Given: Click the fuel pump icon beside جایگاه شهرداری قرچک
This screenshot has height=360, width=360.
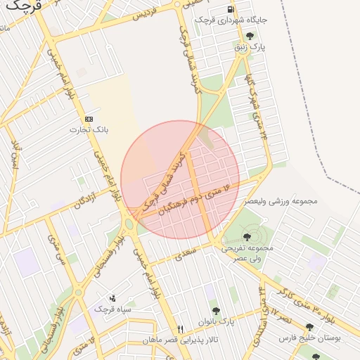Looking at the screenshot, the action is pyautogui.click(x=231, y=9).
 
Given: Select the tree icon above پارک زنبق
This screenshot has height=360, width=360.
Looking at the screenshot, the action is pyautogui.click(x=250, y=36).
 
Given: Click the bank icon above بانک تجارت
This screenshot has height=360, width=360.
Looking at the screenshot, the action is pyautogui.click(x=88, y=119).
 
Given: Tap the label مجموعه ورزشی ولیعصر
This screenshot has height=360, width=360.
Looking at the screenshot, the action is pyautogui.click(x=281, y=201).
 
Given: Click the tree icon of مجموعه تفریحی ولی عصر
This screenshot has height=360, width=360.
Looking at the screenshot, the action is pyautogui.click(x=247, y=236).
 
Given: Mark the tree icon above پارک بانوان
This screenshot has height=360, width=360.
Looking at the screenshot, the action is pyautogui.click(x=216, y=311).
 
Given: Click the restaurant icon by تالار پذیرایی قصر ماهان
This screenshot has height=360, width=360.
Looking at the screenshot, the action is pyautogui.click(x=180, y=328).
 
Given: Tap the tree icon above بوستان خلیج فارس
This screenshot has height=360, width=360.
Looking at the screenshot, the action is pyautogui.click(x=309, y=327).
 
